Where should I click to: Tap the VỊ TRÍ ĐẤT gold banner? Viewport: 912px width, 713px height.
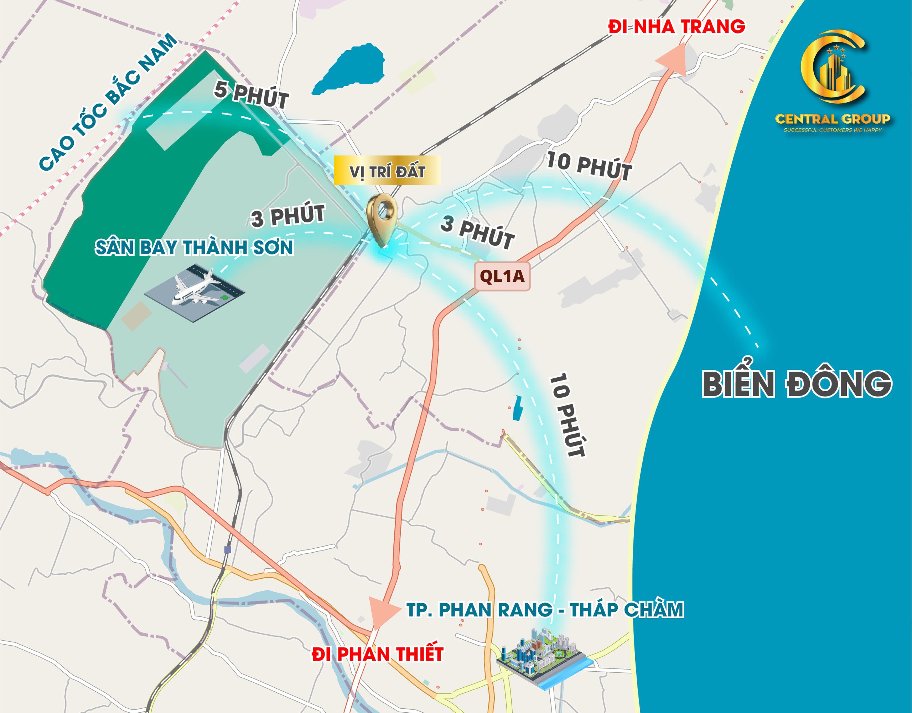pyautogui.click(x=387, y=171)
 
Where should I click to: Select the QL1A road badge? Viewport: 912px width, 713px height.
pyautogui.click(x=502, y=276)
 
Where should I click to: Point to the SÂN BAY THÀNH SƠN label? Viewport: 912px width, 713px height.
pyautogui.click(x=194, y=247)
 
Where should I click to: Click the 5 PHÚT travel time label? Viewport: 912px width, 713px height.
pyautogui.click(x=252, y=95)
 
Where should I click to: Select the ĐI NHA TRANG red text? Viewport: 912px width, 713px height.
pyautogui.click(x=677, y=27)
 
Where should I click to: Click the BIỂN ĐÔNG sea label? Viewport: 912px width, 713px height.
pyautogui.click(x=797, y=383)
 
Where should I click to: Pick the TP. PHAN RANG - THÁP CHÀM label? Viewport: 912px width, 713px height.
pyautogui.click(x=545, y=609)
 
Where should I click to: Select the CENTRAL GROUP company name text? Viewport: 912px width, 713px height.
pyautogui.click(x=833, y=119)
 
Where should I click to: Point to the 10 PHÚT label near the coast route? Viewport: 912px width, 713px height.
pyautogui.click(x=589, y=166)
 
